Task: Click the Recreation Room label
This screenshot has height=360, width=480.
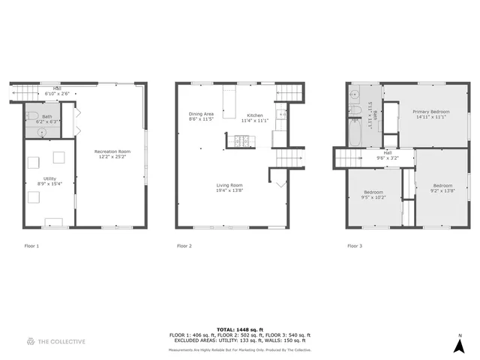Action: click(x=112, y=151)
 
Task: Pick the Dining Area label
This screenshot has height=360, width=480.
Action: click(x=201, y=114)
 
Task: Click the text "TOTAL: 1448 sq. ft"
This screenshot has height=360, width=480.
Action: click(x=239, y=329)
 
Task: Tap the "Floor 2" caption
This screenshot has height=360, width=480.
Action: click(x=184, y=246)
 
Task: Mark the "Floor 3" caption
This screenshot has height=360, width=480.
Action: click(x=355, y=246)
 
